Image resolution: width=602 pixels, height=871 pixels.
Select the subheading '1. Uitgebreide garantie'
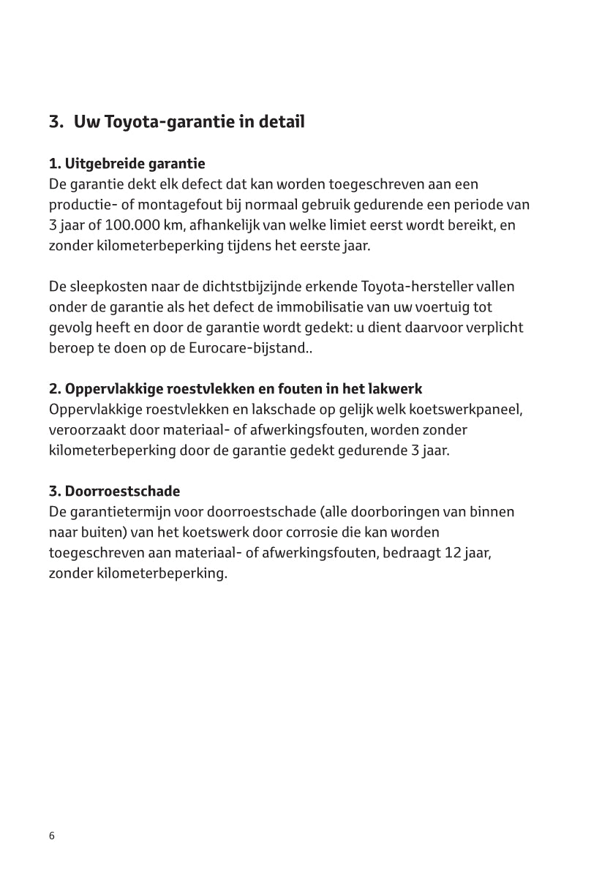[x=127, y=163]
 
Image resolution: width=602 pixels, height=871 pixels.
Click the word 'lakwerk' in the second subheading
[x=398, y=389]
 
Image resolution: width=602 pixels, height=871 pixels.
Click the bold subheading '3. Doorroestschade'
[x=114, y=491]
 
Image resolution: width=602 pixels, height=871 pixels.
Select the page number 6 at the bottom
[x=52, y=836]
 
